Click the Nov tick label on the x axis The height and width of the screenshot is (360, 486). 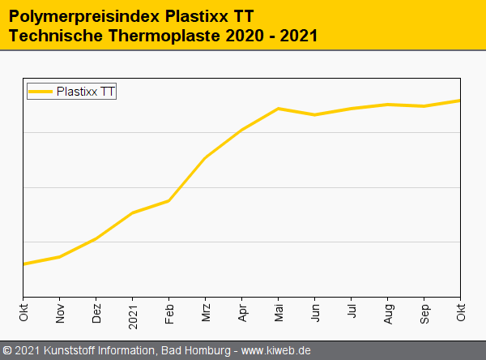pyautogui.click(x=60, y=312)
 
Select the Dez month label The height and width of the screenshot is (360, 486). pyautogui.click(x=96, y=313)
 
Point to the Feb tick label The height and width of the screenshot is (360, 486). pyautogui.click(x=169, y=312)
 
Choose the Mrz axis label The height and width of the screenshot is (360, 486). pyautogui.click(x=206, y=312)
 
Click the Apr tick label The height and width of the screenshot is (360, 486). pyautogui.click(x=242, y=312)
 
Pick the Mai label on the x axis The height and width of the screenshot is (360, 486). pyautogui.click(x=279, y=312)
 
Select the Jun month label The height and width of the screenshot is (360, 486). pyautogui.click(x=315, y=312)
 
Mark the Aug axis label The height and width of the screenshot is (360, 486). pyautogui.click(x=388, y=312)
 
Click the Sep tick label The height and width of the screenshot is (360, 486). pyautogui.click(x=424, y=312)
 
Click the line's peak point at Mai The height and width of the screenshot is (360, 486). pyautogui.click(x=279, y=109)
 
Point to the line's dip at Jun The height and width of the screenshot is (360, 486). pyautogui.click(x=315, y=115)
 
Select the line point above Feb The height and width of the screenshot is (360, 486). pyautogui.click(x=169, y=200)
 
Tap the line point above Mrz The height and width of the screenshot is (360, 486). pyautogui.click(x=206, y=157)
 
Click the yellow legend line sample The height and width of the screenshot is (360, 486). pyautogui.click(x=40, y=92)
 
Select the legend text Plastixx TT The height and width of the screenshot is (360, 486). pyautogui.click(x=86, y=92)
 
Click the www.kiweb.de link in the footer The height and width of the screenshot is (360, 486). pyautogui.click(x=276, y=350)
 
